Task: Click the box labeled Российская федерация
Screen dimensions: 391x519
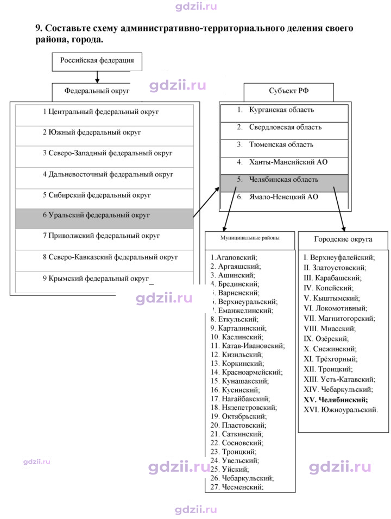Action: pos(97,61)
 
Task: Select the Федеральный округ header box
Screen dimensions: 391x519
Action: pos(97,92)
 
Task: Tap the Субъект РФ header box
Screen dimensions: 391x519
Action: pos(289,92)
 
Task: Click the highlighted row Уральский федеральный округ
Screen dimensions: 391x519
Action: pos(104,218)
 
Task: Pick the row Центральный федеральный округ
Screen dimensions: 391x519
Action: pos(104,115)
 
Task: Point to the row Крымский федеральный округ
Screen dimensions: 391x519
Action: pos(104,282)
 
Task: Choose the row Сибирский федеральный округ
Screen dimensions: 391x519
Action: pos(104,198)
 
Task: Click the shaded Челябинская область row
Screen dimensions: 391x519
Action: pos(285,183)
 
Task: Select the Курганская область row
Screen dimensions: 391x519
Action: pos(285,113)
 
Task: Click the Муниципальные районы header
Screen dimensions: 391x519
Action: pos(250,240)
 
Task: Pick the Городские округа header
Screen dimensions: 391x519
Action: pos(343,240)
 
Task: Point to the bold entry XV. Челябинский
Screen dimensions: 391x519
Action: pos(336,400)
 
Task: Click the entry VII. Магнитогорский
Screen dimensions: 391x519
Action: pos(339,319)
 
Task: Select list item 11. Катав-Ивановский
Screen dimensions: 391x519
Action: pos(248,346)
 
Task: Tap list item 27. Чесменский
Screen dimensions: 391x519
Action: pos(237,487)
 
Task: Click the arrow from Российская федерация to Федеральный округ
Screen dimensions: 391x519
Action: pos(97,77)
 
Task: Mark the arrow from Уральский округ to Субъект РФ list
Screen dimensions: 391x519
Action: pos(206,202)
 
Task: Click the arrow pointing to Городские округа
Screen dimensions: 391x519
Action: pos(339,209)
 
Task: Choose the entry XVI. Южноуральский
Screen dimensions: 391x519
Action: pos(340,410)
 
